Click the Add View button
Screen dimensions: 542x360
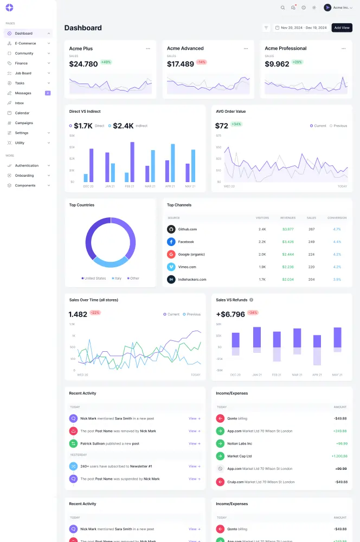[x=342, y=28]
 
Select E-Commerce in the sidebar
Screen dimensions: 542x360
[x=25, y=43]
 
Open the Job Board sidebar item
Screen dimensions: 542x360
[x=23, y=73]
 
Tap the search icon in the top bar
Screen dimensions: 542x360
[x=282, y=8]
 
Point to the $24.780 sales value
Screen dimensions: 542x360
[x=83, y=64]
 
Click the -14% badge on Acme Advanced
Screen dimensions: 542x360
[x=202, y=62]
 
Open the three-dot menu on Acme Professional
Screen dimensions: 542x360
[x=343, y=48]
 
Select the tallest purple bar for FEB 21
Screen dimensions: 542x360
[x=132, y=162]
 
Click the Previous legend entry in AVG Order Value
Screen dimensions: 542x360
[x=339, y=126]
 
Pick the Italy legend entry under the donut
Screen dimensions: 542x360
[x=117, y=278]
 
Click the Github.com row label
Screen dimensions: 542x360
[x=188, y=229]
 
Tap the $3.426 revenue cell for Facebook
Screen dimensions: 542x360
[x=288, y=242]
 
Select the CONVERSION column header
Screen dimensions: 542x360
[x=337, y=218]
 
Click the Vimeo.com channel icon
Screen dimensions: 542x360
[x=171, y=267]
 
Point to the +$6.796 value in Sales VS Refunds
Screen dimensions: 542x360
[x=230, y=314]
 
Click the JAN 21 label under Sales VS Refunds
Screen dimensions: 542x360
[x=256, y=375]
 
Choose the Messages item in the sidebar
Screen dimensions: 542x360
[x=23, y=93]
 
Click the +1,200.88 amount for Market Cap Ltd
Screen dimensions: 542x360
[x=339, y=456]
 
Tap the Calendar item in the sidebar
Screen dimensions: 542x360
[x=22, y=113]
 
